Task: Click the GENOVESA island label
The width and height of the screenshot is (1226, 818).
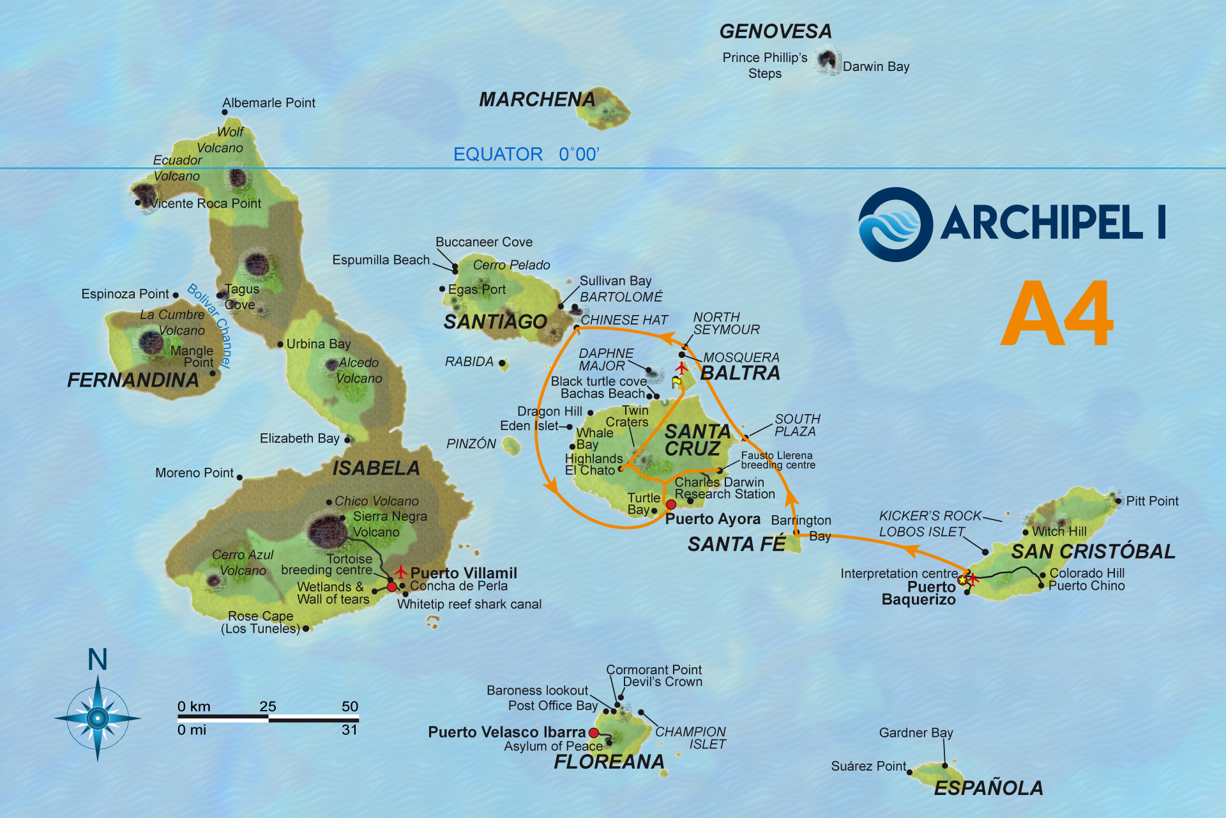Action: tap(775, 31)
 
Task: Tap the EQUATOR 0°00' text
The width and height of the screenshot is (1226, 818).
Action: tap(526, 154)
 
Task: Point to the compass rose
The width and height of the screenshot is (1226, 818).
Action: tap(98, 718)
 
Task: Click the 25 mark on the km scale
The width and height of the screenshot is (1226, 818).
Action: tap(268, 706)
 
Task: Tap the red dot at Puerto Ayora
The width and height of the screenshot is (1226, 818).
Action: tap(670, 504)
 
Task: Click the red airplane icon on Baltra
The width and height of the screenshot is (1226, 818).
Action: tap(681, 368)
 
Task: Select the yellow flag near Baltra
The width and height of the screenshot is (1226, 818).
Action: tap(676, 382)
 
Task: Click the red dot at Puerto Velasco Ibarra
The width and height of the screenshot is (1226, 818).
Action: tap(594, 732)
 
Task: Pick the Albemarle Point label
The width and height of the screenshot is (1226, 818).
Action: tap(268, 103)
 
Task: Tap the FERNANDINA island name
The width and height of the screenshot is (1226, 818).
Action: tap(133, 380)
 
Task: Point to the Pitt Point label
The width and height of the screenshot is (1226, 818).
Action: tap(1152, 501)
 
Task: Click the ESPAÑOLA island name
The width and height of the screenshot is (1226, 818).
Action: tap(988, 788)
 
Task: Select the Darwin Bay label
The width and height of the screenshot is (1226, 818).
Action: tap(875, 66)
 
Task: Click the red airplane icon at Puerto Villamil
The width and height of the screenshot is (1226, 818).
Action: tap(400, 571)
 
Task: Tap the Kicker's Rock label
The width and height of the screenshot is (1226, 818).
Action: tap(930, 516)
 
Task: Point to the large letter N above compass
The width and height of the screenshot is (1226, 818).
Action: tap(97, 660)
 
